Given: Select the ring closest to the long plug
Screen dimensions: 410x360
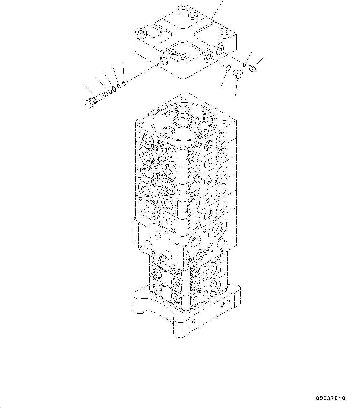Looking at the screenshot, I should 111,92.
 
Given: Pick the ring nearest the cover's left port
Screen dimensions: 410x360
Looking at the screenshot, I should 124,83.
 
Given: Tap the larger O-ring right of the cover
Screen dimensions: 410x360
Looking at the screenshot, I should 228,68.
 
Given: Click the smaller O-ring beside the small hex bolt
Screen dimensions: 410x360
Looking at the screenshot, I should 245,64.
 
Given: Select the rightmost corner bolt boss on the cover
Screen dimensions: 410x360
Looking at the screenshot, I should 223,32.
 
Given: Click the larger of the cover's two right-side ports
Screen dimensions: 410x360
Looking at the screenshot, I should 208,56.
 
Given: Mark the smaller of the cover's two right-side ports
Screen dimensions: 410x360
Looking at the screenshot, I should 220,50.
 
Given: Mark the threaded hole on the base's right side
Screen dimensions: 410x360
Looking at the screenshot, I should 223,305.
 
